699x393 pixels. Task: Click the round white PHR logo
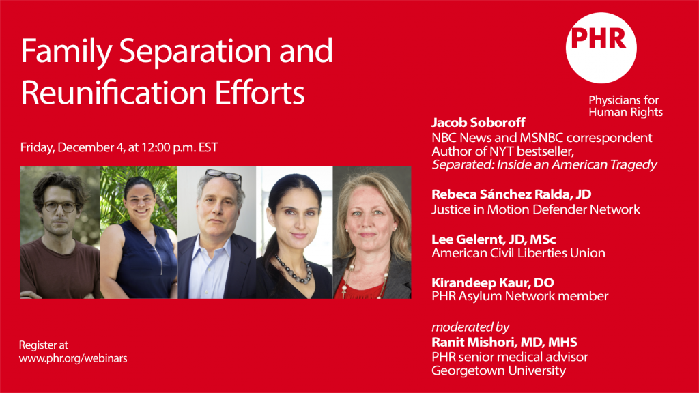[x=601, y=48]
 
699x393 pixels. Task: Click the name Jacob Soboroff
[x=479, y=123]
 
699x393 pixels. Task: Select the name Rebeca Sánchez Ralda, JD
[x=511, y=194]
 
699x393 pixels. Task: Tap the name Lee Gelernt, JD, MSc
[x=494, y=239]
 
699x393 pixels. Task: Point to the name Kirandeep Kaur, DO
[x=493, y=282]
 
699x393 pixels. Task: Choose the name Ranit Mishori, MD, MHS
[x=504, y=343]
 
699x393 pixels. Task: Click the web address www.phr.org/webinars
[x=73, y=358]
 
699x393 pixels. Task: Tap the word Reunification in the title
[x=114, y=93]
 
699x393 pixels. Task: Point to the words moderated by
[x=470, y=327]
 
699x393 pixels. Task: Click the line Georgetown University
[x=499, y=370]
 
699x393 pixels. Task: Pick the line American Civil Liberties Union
[x=519, y=253]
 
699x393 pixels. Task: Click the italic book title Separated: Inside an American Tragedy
[x=544, y=165]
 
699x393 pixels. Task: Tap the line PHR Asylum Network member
[x=519, y=296]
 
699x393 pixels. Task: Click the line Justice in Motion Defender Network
[x=536, y=209]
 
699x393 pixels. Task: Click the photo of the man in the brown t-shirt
[x=60, y=233]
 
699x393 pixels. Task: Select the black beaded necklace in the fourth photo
[x=294, y=270]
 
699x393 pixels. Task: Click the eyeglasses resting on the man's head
[x=223, y=175]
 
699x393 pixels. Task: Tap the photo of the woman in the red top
[x=372, y=233]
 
